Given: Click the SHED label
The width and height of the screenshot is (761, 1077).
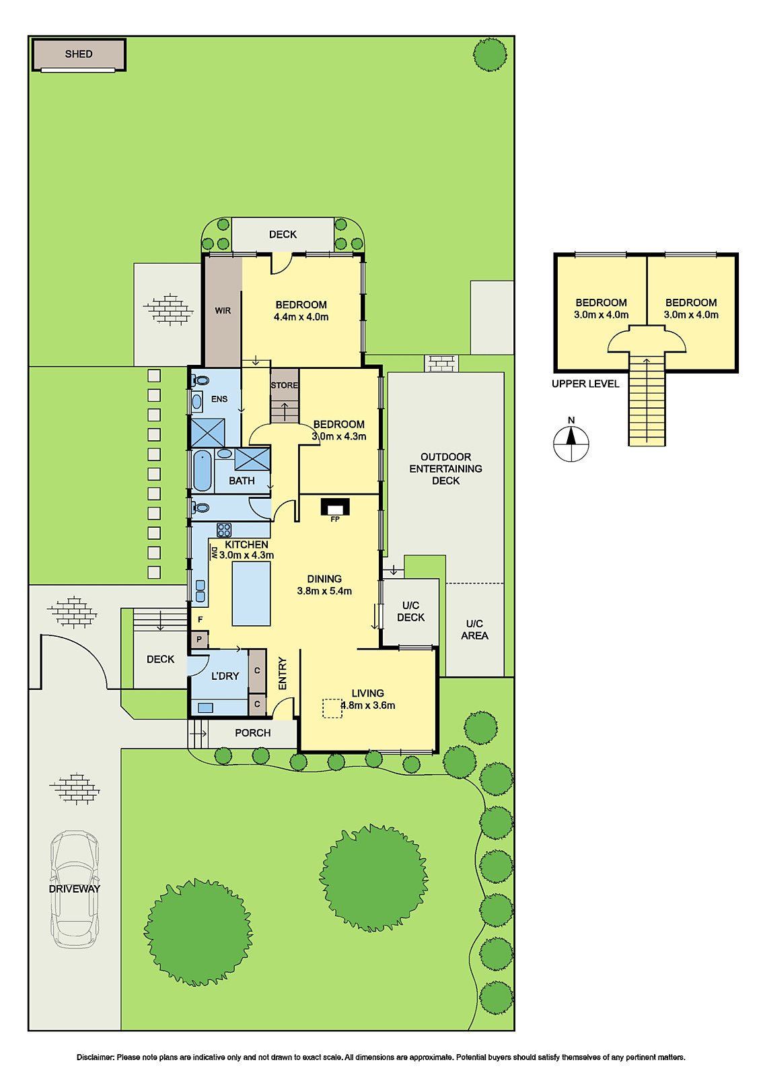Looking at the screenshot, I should pos(79,54).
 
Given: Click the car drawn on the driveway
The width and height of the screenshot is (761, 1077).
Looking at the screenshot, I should pos(75,889).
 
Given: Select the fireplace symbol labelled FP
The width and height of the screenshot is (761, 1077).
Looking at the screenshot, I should pos(335,506).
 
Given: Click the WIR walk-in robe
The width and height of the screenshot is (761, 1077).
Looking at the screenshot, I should pos(223,311).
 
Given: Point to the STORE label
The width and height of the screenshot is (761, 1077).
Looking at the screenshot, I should pos(284,385).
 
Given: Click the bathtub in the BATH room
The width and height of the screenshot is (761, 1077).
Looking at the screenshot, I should pos(203,471).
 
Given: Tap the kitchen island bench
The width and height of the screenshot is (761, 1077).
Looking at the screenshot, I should pos(251,594).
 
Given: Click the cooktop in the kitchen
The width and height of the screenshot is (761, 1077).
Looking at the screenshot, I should pos(224,529).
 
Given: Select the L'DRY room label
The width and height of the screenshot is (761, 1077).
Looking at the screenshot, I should pos(225,676).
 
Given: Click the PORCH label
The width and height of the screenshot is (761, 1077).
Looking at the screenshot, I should pos(253,733).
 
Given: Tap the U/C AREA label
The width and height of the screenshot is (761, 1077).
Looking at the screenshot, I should pos(474,629).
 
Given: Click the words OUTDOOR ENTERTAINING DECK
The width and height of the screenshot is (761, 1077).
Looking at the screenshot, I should pos(445,468).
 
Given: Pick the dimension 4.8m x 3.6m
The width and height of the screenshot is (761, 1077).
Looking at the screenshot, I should pos(368,705).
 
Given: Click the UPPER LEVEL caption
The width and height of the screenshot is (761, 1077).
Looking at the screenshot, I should pos(585,384).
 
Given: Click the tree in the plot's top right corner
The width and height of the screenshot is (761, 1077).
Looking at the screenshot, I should pos(490,55).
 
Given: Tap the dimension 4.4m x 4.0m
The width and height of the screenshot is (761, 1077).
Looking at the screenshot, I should pos(301,317).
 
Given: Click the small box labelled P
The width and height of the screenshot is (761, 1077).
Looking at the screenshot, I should pos(199,639).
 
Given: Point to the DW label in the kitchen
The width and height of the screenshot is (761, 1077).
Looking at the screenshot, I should pos(214,552).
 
